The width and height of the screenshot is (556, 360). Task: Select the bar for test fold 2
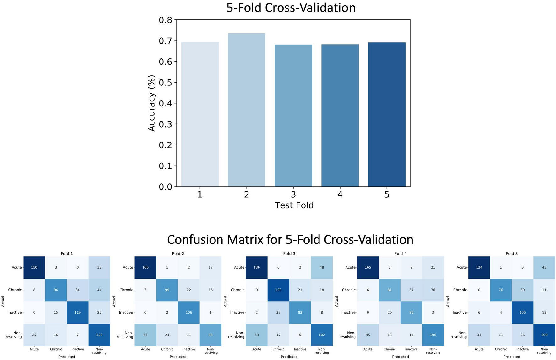pos(246,110)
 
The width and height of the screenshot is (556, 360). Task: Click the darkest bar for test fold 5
pos(387,115)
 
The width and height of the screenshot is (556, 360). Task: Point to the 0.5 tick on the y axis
pos(166,82)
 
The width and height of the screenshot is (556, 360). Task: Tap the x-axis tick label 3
pos(293,195)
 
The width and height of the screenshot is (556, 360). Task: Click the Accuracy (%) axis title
pos(152,103)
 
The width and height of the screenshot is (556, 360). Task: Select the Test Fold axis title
pos(294,205)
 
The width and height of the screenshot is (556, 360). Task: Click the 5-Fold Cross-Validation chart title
pos(291,8)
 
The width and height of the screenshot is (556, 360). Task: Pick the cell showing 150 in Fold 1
pos(34,267)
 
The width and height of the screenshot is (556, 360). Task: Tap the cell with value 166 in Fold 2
pos(145,267)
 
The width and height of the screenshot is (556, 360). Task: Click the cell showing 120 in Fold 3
pos(278,290)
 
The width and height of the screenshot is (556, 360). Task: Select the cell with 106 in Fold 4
pos(433,335)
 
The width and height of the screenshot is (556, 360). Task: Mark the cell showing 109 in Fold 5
pos(544,335)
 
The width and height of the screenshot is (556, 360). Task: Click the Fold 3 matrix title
pos(289,254)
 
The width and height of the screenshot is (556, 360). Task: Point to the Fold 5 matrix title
pos(511,254)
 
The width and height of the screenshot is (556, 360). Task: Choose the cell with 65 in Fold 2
pos(145,335)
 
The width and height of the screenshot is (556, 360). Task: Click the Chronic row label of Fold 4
pos(349,290)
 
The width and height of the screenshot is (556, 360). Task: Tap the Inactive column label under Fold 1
pos(78,349)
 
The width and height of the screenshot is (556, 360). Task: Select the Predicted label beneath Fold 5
pos(511,357)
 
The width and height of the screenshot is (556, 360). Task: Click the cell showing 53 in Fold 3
pos(257,335)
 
